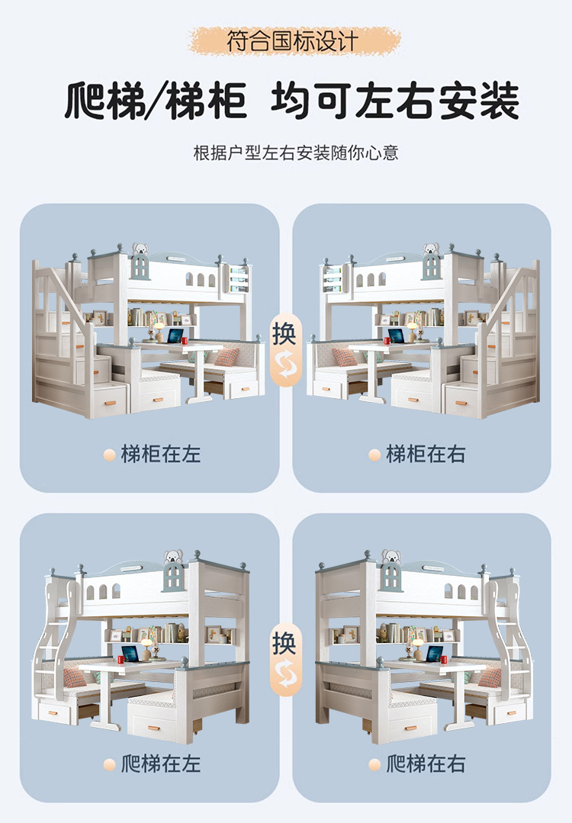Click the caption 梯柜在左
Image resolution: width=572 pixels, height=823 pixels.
point(160,455)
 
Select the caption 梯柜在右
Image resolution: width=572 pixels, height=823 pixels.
point(426,455)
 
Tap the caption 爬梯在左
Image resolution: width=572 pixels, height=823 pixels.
point(160,764)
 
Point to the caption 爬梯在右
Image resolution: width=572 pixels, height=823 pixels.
point(426,764)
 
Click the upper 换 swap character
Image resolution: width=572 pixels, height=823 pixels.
point(284,334)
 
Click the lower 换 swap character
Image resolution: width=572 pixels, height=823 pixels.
point(284,643)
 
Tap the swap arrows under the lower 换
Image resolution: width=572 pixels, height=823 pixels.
point(284,674)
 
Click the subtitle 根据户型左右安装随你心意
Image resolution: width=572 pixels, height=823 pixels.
point(295,153)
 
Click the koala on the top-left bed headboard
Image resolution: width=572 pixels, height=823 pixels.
point(140,250)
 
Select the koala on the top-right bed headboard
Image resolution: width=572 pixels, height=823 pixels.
point(432,250)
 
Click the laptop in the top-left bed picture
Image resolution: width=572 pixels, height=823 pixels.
point(175,335)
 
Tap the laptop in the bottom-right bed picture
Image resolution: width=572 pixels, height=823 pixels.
point(435,654)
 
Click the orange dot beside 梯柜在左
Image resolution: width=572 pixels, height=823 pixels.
point(110,455)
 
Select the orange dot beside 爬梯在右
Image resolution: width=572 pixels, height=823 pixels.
point(374,764)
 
